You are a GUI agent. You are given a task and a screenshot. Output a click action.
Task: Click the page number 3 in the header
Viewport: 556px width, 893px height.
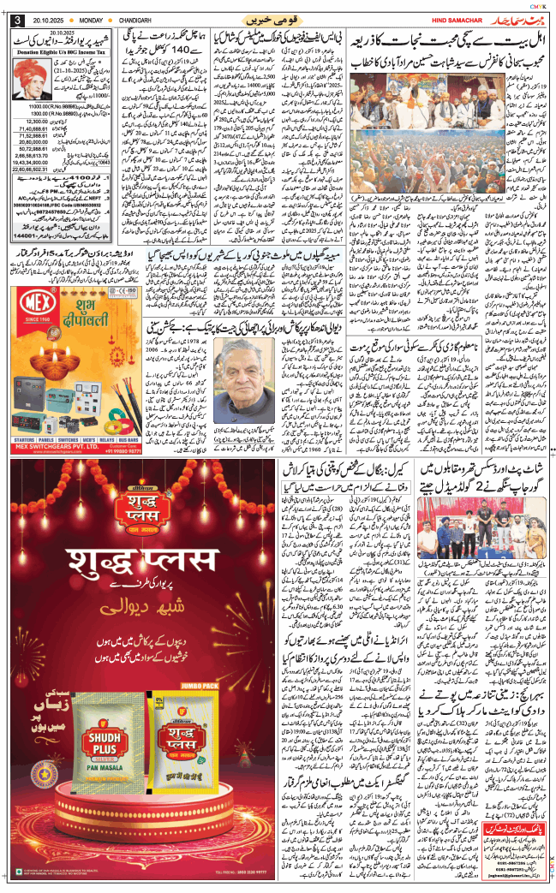coord(16,21)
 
